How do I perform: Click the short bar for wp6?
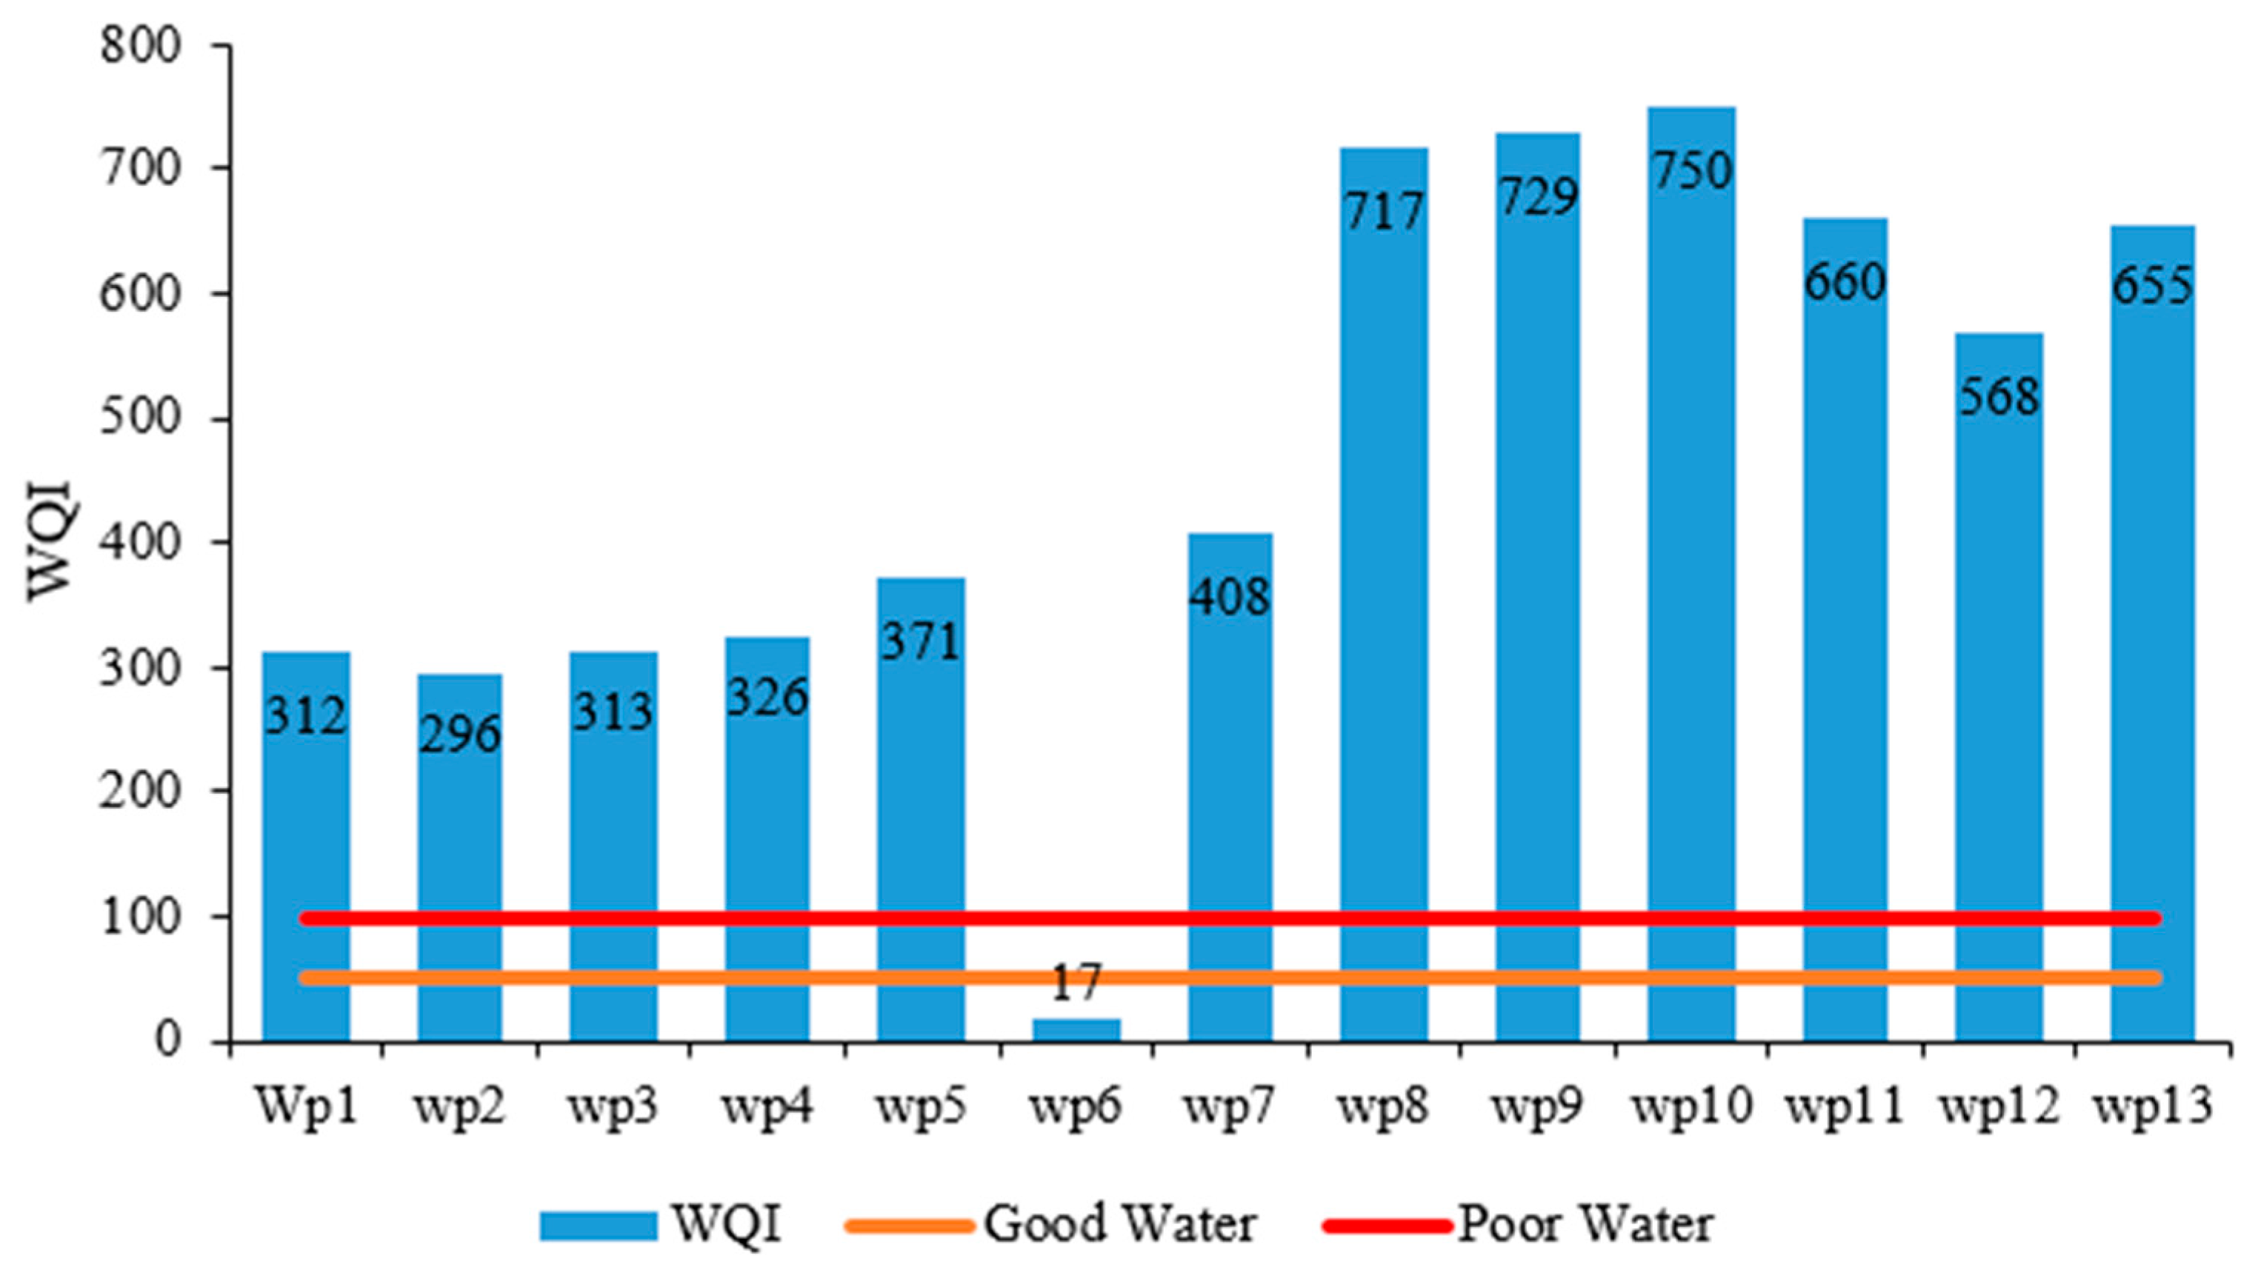coord(1076,1030)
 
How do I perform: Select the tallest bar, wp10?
coord(1691,569)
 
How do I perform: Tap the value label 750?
coord(1691,172)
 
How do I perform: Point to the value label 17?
coord(1075,983)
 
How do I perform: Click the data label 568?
coord(1999,398)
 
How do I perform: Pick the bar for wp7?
coord(1230,788)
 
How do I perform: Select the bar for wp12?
coord(1999,701)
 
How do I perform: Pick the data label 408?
coord(1229,598)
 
